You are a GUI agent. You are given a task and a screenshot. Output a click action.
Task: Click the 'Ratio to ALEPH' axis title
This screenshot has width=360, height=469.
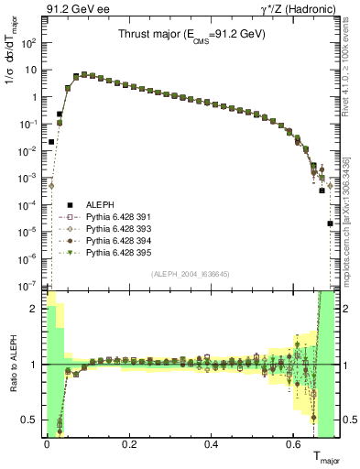pyautogui.click(x=11, y=363)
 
